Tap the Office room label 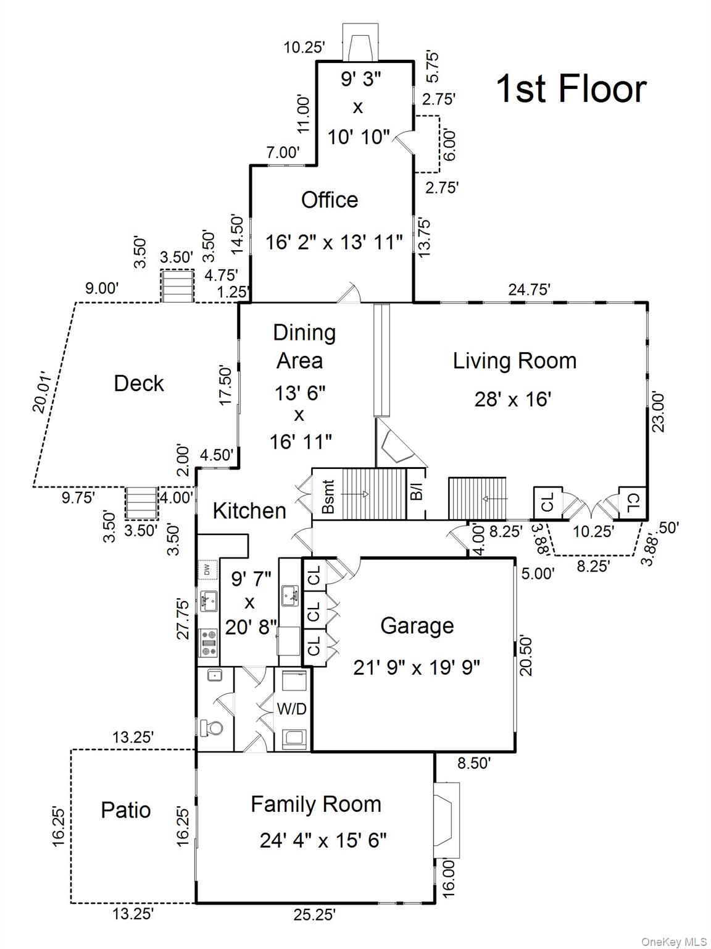(330, 200)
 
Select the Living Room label (514, 361)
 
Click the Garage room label (417, 625)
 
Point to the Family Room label (316, 804)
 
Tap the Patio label (126, 809)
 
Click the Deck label (139, 383)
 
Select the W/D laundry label (291, 709)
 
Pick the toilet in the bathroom (211, 728)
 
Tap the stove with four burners (209, 643)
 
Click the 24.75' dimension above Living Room (529, 289)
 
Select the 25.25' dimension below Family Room (315, 914)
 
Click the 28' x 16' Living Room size (512, 399)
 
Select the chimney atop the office (358, 44)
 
